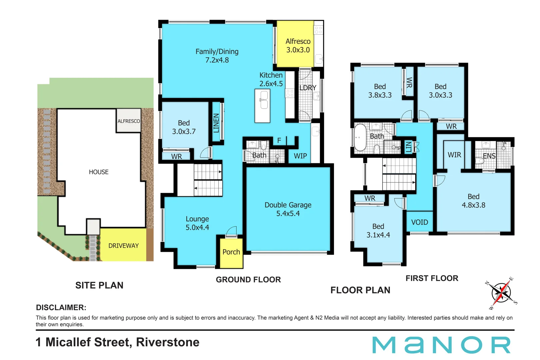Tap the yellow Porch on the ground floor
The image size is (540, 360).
tap(231, 253)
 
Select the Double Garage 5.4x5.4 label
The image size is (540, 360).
tap(288, 209)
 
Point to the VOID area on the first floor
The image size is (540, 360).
tap(419, 222)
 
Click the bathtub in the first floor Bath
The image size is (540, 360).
tap(360, 138)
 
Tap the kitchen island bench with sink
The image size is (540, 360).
tap(262, 106)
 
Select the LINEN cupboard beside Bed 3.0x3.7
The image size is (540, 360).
tap(216, 122)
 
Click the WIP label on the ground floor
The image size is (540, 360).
tap(300, 156)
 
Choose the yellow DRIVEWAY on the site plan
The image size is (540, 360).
tap(123, 246)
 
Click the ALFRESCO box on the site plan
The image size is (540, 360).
tap(129, 121)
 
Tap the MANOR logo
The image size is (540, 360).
tap(441, 345)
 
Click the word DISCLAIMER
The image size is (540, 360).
tap(61, 307)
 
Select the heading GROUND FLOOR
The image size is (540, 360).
tap(248, 280)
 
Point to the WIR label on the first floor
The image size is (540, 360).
tap(454, 155)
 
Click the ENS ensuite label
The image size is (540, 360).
tap(489, 156)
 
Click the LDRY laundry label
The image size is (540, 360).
tap(308, 88)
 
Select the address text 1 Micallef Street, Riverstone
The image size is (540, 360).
tap(117, 342)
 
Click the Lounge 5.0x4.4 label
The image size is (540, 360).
tap(197, 223)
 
